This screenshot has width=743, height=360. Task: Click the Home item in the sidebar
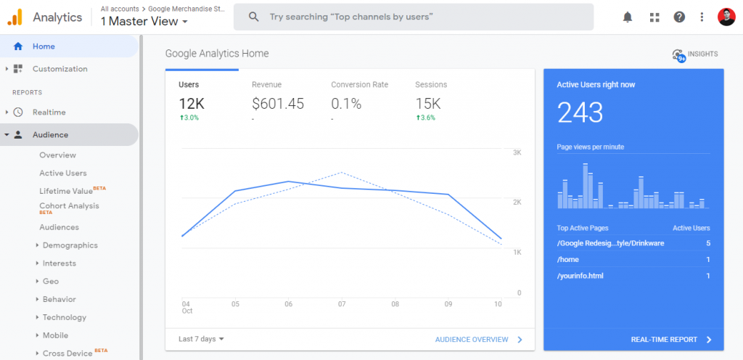(x=44, y=46)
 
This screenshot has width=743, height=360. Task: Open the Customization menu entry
(x=59, y=69)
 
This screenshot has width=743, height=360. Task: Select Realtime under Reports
(x=49, y=112)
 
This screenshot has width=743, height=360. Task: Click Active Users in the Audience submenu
(x=63, y=173)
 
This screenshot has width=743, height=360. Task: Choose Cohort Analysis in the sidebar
(x=69, y=206)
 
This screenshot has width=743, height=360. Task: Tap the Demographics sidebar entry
(x=70, y=245)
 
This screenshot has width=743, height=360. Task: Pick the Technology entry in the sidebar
(x=65, y=317)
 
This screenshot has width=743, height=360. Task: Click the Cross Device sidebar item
(x=67, y=353)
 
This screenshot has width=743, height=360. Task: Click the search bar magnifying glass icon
(x=253, y=17)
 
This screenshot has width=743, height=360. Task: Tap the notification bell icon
(x=628, y=17)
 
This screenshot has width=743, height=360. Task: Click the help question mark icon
(x=679, y=17)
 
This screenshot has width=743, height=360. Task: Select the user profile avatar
(x=726, y=17)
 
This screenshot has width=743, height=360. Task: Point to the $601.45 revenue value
(x=278, y=104)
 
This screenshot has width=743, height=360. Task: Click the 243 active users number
(x=580, y=112)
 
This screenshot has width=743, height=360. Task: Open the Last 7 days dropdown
(x=201, y=339)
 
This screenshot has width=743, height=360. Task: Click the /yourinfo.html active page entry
(x=580, y=276)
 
